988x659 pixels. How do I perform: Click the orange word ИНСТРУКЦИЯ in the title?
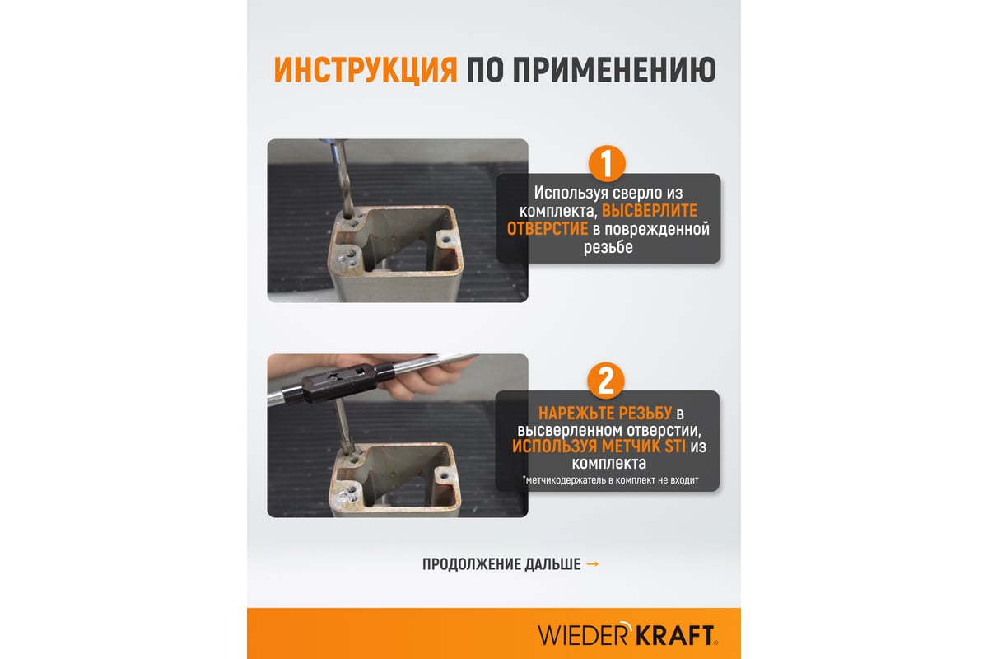click(x=366, y=70)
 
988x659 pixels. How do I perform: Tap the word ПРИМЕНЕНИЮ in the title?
click(x=614, y=70)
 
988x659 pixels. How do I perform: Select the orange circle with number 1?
click(x=607, y=163)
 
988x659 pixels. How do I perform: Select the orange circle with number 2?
click(x=606, y=381)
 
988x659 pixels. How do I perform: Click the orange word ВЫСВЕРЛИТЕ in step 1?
click(x=650, y=211)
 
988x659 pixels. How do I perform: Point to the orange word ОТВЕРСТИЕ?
click(x=548, y=229)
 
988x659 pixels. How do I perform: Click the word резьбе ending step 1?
click(x=608, y=247)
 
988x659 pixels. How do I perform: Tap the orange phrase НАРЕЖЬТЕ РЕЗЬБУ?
click(x=604, y=414)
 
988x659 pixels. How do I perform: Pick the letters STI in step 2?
click(x=675, y=446)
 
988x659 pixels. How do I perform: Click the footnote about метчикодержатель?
click(x=610, y=480)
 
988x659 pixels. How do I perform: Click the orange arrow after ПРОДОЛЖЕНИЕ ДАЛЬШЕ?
click(x=592, y=564)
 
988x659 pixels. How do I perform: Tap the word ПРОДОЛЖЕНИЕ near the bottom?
click(x=470, y=564)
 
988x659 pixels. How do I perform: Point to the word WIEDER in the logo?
click(x=583, y=636)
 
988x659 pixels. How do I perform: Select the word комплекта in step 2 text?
click(x=609, y=463)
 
